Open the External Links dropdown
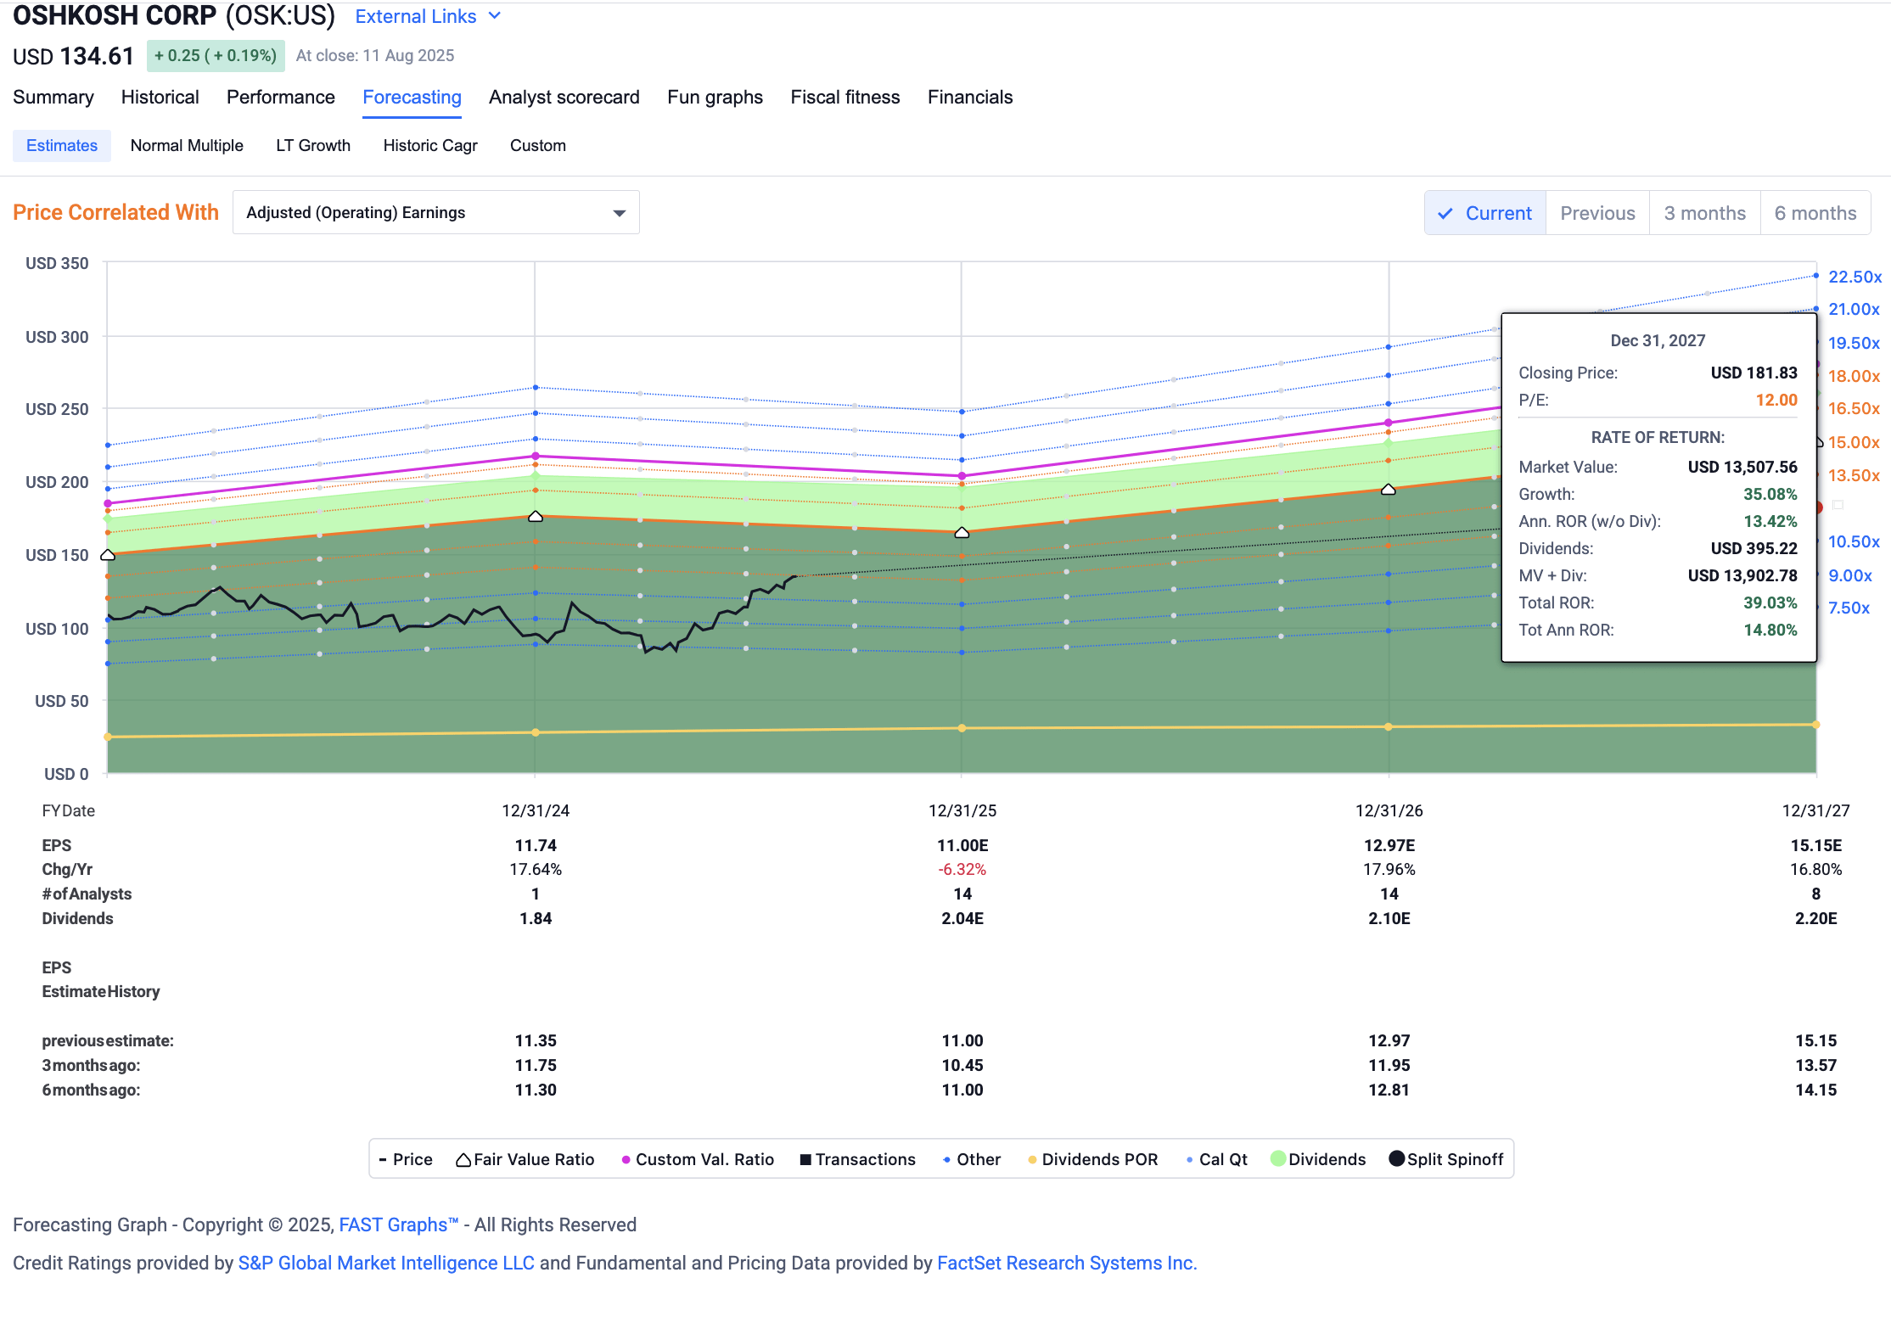tap(427, 17)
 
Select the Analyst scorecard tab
tap(564, 98)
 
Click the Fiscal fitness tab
tap(844, 98)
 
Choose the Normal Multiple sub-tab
tap(187, 146)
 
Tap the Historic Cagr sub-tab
tap(429, 146)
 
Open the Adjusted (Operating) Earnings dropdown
tap(435, 213)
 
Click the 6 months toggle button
tap(1815, 214)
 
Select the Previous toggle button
tap(1596, 214)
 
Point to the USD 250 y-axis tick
tap(57, 409)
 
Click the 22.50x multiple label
tap(1855, 277)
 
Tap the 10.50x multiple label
tap(1853, 542)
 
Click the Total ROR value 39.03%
tap(1770, 603)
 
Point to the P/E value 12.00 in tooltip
tap(1776, 401)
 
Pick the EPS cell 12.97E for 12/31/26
tap(1389, 846)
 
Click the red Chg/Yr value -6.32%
tap(962, 870)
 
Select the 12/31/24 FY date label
tap(536, 811)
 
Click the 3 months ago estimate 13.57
tap(1815, 1066)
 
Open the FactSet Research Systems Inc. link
tap(1066, 1264)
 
